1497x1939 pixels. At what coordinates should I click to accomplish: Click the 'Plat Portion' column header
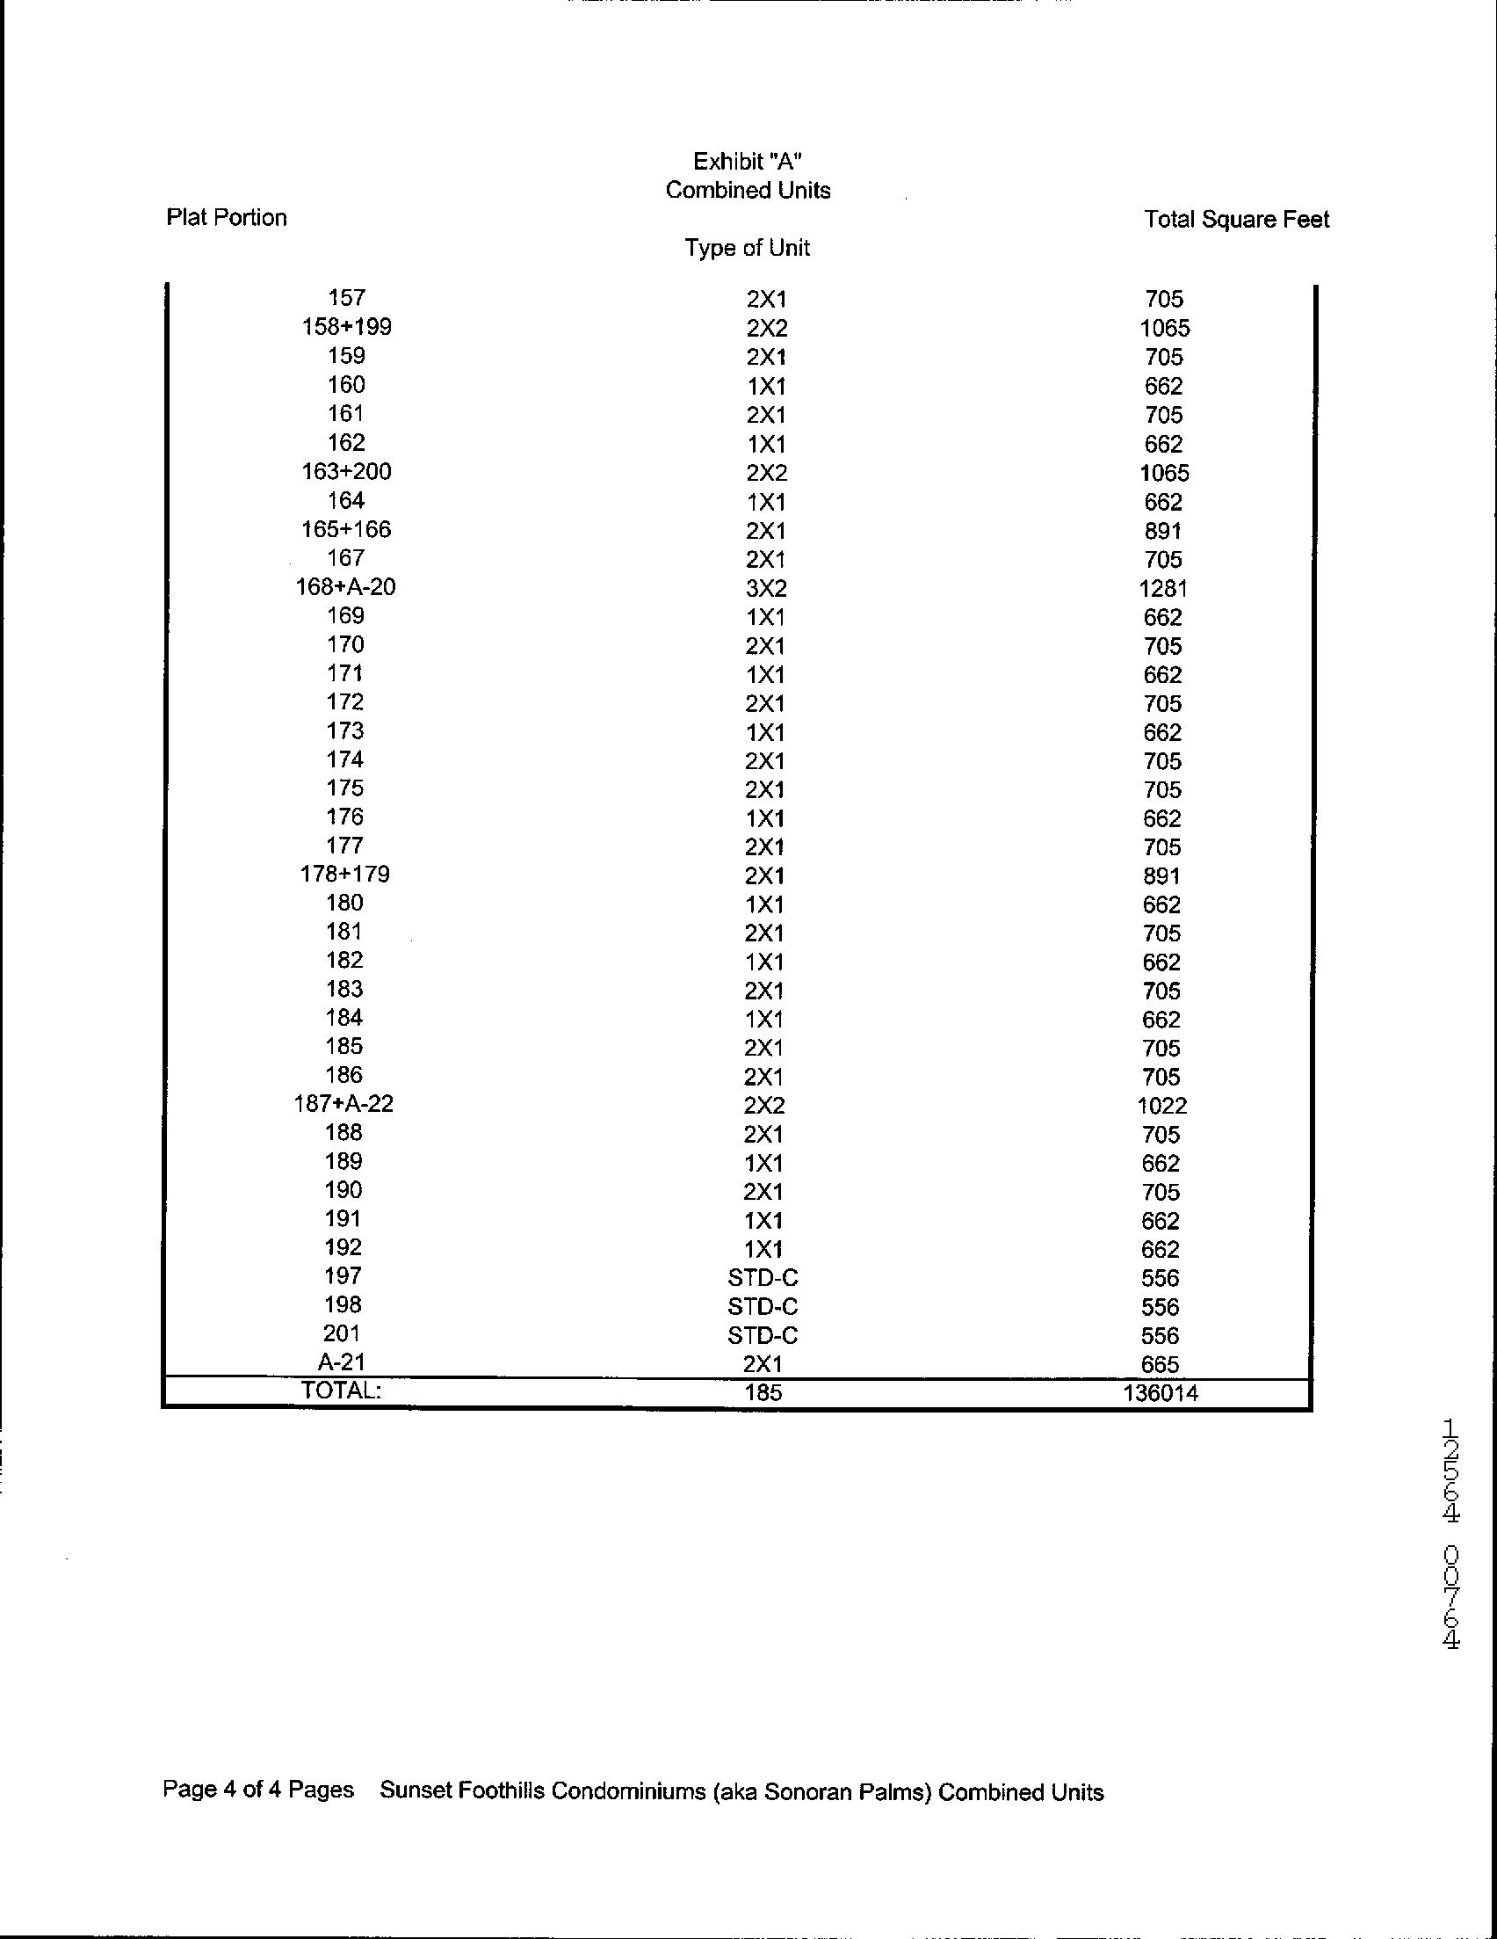227,218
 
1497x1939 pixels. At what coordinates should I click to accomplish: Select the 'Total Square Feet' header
1236,219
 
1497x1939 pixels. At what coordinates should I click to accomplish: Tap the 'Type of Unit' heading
747,248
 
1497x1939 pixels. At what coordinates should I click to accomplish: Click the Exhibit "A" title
748,162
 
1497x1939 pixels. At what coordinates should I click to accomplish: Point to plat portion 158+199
346,327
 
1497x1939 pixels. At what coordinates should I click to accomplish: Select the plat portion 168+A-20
345,587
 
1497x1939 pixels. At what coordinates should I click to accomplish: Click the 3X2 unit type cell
766,589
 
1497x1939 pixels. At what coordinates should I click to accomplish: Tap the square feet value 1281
1162,589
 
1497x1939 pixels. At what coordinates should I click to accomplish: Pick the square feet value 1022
1161,1106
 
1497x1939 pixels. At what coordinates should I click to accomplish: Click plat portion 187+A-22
344,1104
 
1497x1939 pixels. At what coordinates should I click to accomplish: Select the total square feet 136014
1160,1393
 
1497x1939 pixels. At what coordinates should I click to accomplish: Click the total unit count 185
763,1393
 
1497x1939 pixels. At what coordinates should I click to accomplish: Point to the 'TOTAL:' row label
342,1391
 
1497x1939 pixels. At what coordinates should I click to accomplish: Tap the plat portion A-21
343,1362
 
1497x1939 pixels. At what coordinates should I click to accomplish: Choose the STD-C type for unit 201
763,1335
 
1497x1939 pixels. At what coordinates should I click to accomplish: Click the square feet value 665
1161,1364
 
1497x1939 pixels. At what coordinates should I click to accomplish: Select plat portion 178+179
345,875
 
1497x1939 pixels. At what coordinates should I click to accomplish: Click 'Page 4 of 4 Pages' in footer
257,1789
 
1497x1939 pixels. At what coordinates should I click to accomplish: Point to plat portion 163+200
346,471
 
